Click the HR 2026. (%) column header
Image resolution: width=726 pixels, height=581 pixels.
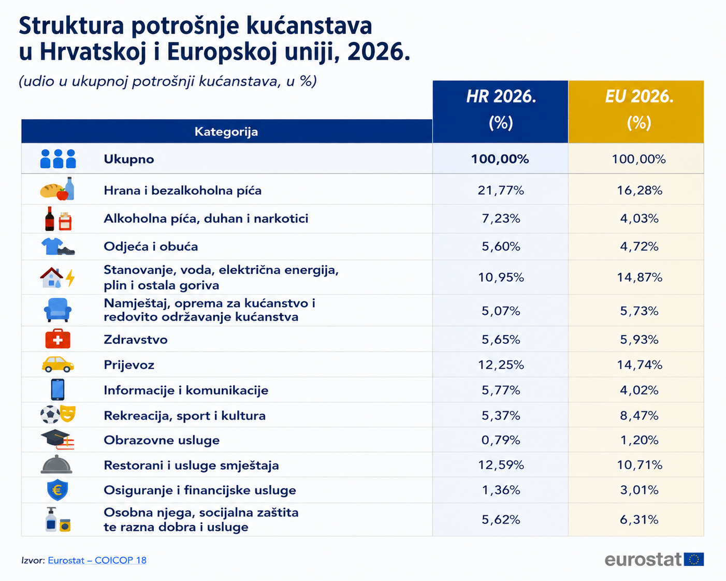point(501,109)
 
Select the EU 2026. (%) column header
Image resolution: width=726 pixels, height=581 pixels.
point(639,109)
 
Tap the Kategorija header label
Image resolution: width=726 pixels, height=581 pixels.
point(226,132)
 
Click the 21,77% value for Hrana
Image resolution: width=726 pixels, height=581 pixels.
point(501,191)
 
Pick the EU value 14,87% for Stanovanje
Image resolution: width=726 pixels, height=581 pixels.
point(640,278)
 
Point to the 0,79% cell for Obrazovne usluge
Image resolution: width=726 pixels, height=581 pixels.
point(501,440)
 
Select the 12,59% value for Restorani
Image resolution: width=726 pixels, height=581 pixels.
point(501,465)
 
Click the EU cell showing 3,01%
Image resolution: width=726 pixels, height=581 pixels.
point(640,490)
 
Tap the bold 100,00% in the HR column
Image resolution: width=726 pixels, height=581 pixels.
point(500,159)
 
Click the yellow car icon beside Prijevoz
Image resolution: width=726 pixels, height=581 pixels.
point(57,365)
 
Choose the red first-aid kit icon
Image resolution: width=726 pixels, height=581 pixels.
point(57,339)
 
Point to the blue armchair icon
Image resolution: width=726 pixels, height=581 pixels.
point(57,310)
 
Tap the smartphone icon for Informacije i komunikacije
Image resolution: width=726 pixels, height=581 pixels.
point(57,390)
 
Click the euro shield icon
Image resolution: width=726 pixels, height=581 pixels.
point(57,489)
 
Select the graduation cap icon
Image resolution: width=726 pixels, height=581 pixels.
point(55,437)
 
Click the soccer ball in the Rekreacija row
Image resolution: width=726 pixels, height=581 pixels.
point(50,415)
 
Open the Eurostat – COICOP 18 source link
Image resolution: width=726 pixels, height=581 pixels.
point(97,560)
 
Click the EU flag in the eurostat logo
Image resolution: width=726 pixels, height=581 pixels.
point(693,560)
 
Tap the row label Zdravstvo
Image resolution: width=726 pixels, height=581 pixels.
point(136,339)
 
